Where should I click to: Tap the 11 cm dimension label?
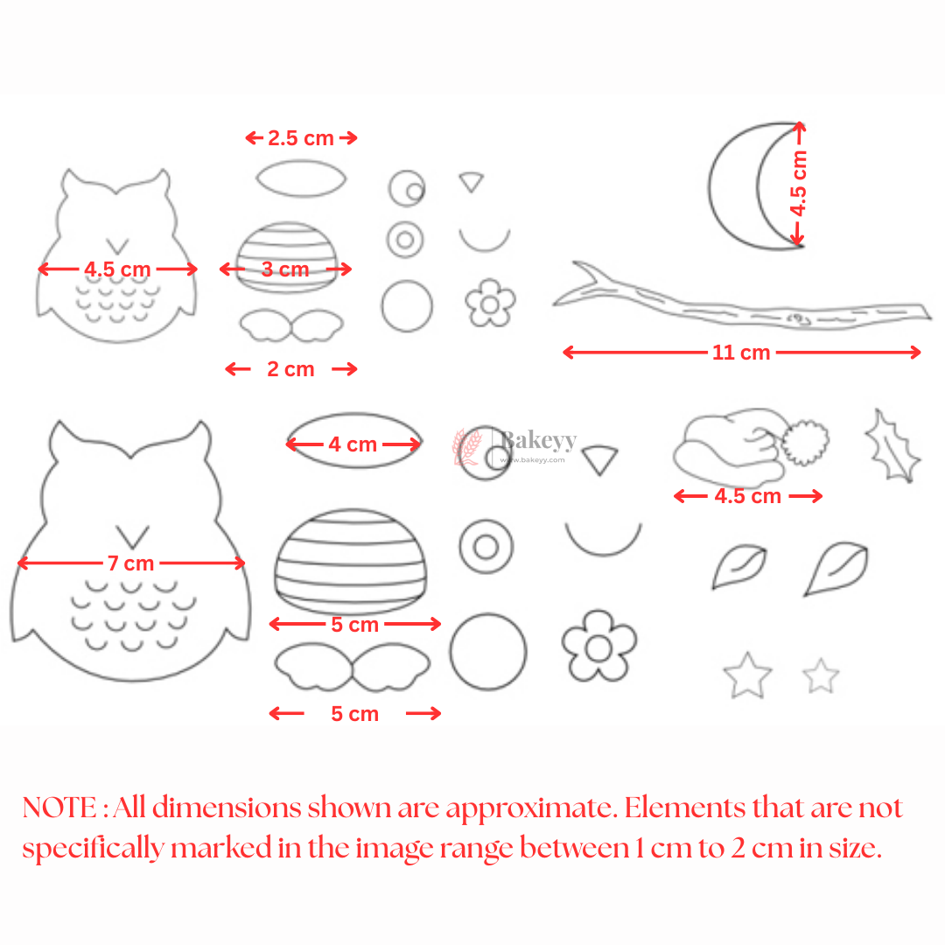(x=741, y=353)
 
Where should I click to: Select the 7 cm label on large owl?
(x=130, y=563)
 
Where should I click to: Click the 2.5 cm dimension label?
(x=301, y=137)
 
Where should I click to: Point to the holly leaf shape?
(x=892, y=445)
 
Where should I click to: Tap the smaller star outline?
(x=821, y=675)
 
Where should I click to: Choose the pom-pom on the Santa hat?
(x=805, y=443)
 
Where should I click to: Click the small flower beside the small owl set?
(x=490, y=303)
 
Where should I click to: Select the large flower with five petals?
(x=598, y=647)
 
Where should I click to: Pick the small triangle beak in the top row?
(x=472, y=181)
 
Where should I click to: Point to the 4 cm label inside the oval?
(x=353, y=444)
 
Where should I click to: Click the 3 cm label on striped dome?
(x=286, y=269)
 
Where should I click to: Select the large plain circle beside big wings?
(x=488, y=652)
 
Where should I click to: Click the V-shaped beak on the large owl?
(x=133, y=535)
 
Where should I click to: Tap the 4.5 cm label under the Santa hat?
(x=747, y=496)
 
